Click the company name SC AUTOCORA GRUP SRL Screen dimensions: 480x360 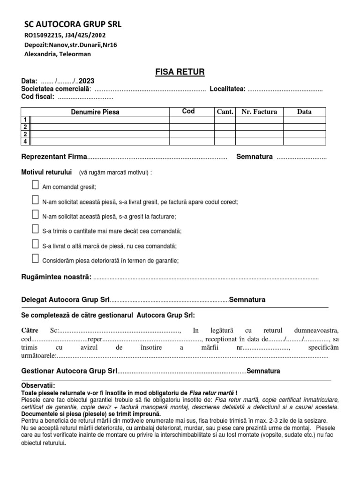[73, 25]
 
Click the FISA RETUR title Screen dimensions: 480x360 [180, 72]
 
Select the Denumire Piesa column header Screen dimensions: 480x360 [95, 112]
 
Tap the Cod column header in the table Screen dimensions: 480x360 [188, 112]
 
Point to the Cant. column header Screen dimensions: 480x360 [225, 112]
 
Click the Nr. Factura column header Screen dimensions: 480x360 [259, 112]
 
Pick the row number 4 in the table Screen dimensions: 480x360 [25, 141]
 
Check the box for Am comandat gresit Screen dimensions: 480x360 [35, 185]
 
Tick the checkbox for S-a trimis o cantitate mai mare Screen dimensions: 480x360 [35, 229]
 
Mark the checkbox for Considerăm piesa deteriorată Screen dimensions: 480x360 [35, 258]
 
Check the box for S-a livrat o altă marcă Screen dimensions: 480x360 [35, 244]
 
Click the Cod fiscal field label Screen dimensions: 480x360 [38, 97]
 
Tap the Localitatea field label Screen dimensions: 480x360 [227, 89]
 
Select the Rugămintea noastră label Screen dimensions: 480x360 [57, 277]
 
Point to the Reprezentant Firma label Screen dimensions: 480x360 [55, 157]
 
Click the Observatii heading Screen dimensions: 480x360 [38, 385]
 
